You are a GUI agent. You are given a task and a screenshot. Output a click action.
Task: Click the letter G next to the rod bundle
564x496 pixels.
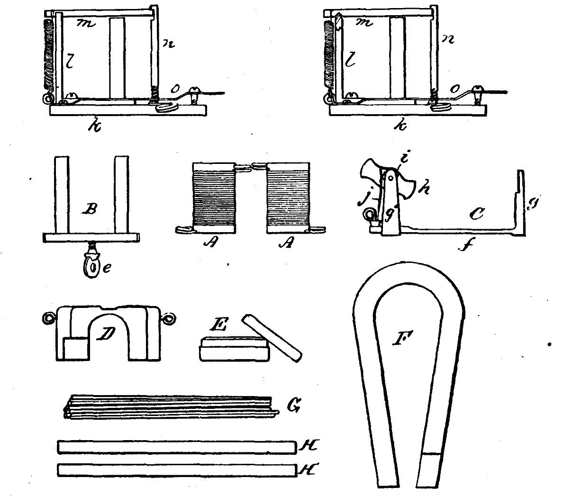tap(294, 406)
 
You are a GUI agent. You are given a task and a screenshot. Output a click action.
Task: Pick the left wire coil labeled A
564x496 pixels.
tap(214, 198)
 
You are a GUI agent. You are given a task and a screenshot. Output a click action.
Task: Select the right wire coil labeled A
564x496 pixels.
tap(288, 198)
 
